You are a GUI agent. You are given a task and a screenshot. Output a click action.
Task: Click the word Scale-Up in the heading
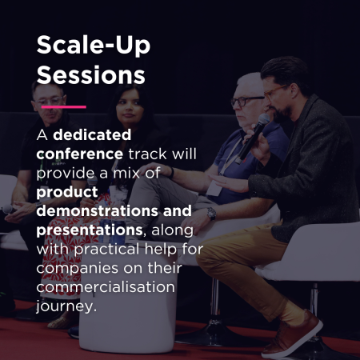pos(94,46)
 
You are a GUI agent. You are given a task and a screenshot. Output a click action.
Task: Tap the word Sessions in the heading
pos(91,74)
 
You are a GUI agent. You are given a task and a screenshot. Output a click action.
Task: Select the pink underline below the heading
pos(64,107)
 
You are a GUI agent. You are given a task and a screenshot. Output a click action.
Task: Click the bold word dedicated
pos(92,134)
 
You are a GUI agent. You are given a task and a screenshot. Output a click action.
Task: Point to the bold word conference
pos(80,154)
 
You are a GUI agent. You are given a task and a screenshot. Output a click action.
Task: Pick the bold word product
pos(67,193)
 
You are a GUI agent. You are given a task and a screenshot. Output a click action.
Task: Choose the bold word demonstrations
pos(98,210)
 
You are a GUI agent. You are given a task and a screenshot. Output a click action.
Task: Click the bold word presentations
pos(90,230)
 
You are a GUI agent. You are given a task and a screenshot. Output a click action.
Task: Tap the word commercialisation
pos(106,287)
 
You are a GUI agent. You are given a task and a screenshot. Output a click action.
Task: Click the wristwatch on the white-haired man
pos(211,214)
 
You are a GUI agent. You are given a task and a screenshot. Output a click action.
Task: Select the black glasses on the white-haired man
pos(246,101)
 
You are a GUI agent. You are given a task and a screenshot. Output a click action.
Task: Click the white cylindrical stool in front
pos(128,302)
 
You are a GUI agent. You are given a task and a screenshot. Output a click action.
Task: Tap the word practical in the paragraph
pos(107,250)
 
